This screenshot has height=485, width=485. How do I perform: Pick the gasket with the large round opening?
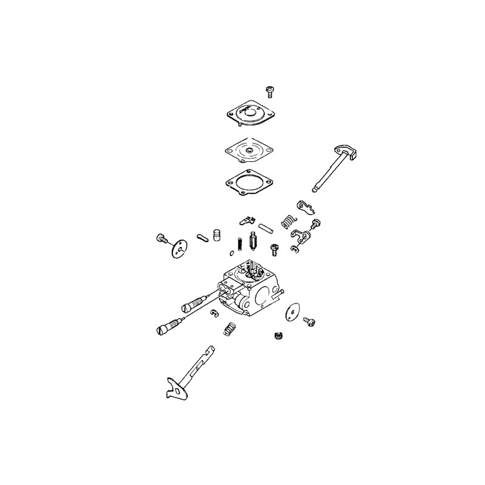[248, 180]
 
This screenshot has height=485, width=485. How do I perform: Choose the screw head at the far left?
[161, 238]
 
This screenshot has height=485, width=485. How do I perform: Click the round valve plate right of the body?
[295, 313]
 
